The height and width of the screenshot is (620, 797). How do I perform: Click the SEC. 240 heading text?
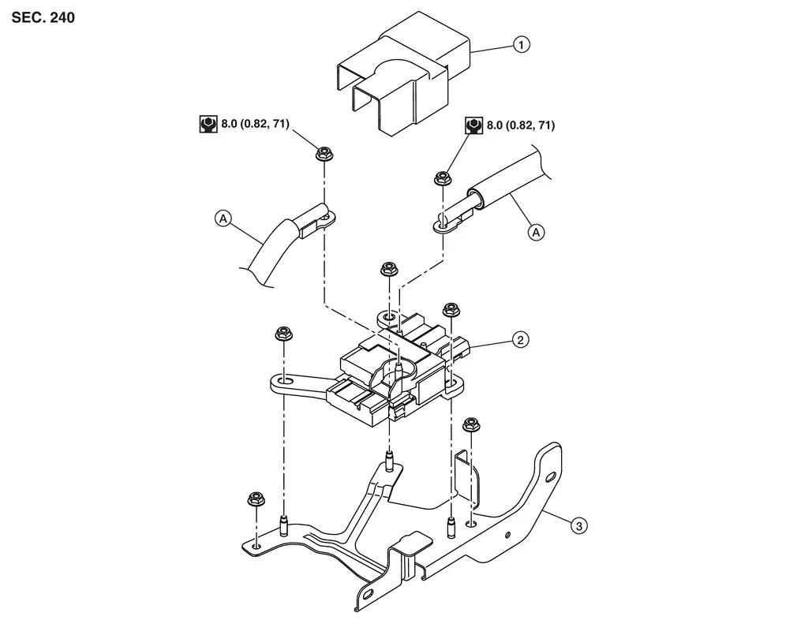pos(43,18)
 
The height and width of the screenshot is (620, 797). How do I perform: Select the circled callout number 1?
pos(521,45)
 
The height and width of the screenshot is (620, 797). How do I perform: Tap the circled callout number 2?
pos(520,339)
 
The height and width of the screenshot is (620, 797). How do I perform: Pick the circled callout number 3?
pos(579,525)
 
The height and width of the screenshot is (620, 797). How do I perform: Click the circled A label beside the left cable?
pos(223,218)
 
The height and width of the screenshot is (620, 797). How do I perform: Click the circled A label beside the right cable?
pos(536,232)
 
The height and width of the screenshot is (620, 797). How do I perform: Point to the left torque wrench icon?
pos(208,125)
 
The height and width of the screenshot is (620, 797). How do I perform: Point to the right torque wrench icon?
pos(473,125)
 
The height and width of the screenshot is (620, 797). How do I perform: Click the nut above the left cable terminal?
pos(324,153)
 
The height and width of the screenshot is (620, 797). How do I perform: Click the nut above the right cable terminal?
pos(443,178)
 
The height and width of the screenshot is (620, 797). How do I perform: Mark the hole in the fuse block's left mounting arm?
pos(285,380)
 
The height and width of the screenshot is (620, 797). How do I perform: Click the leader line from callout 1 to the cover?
pos(492,49)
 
